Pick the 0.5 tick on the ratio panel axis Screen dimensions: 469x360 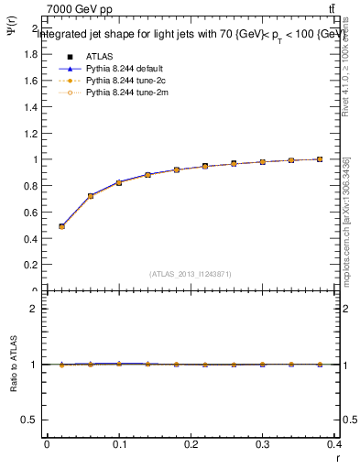click(31, 420)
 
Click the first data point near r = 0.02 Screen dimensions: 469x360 click(61, 226)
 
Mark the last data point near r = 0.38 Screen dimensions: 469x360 click(320, 159)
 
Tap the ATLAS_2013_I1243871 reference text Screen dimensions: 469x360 click(191, 274)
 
